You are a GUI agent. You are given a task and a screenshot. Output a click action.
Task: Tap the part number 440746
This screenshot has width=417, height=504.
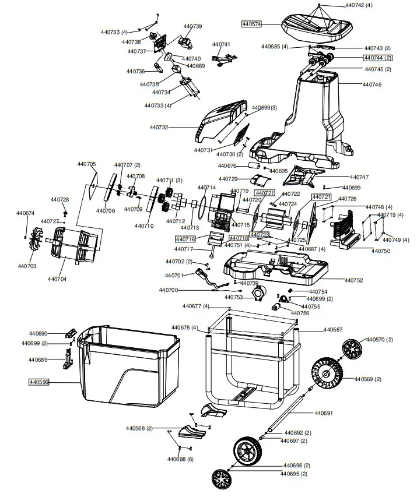pos(372,84)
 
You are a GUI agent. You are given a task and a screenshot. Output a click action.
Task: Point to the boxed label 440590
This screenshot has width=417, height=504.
pos(38,382)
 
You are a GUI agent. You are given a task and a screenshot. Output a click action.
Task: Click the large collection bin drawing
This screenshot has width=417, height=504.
pos(125,367)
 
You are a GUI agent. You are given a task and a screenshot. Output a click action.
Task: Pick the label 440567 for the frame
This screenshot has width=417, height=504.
pos(333,330)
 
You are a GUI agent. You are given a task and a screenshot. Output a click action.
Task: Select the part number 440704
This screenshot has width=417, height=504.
pos(57,279)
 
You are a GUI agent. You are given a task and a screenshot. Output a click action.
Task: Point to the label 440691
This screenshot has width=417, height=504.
pos(324,413)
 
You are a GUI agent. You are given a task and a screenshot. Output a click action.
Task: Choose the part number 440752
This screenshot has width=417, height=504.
pos(353,280)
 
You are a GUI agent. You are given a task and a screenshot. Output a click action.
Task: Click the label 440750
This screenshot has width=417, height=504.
pos(381,251)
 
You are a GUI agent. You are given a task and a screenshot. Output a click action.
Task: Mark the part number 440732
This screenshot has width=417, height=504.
pos(159,127)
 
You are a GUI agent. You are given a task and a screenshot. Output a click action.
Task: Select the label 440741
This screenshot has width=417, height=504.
pos(221,45)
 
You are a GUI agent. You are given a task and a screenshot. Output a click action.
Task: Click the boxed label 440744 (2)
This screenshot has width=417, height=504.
pos(377,58)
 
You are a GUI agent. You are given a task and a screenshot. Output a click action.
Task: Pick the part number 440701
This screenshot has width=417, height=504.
pos(174,275)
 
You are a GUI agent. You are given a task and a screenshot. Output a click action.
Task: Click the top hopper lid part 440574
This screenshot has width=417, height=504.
pos(318,25)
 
